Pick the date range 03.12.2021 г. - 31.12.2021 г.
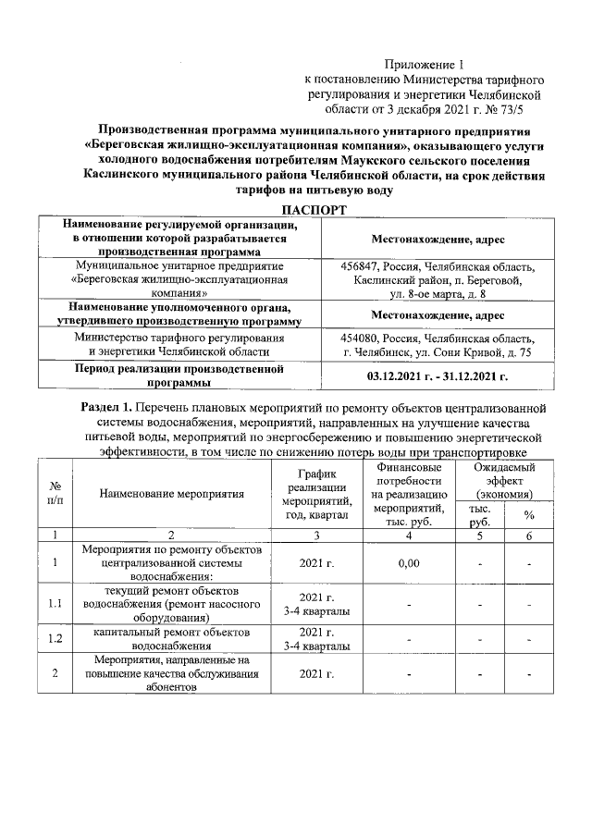(x=438, y=376)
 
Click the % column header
(x=529, y=515)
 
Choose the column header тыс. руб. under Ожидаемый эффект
(x=480, y=515)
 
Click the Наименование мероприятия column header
(x=172, y=494)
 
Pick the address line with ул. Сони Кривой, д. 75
(x=438, y=351)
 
